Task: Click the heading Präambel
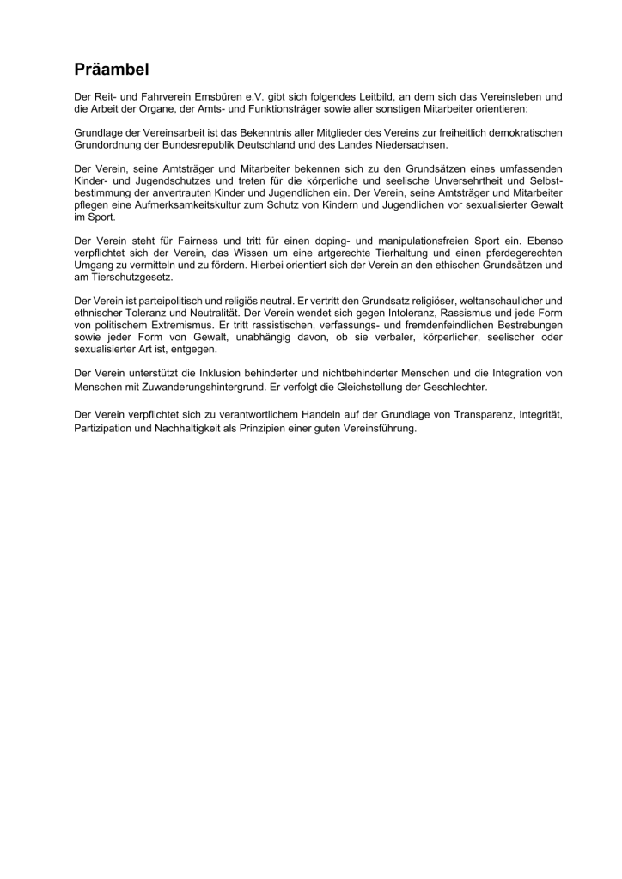tap(113, 70)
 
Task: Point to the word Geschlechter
tap(455, 387)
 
